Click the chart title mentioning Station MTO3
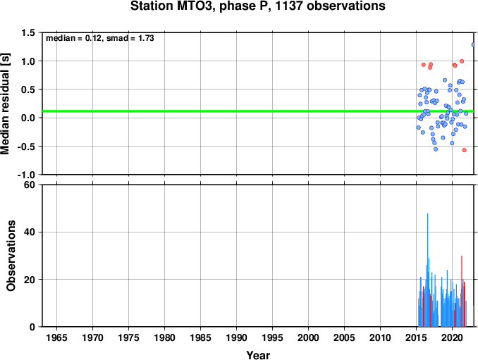point(257,6)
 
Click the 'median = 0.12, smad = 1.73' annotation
point(99,38)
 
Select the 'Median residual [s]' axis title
point(5,104)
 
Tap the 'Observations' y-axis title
point(11,256)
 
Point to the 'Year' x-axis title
point(258,355)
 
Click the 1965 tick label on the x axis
point(56,337)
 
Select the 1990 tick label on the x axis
point(237,337)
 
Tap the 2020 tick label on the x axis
point(452,337)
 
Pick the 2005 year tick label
point(345,337)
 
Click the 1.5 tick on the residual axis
point(28,32)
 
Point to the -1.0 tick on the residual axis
point(27,175)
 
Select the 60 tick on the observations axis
point(30,185)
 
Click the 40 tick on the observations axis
point(30,232)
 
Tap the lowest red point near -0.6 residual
point(465,150)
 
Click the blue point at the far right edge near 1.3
point(474,45)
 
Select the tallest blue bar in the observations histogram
point(428,270)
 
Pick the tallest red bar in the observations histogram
point(462,291)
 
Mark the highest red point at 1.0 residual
point(462,61)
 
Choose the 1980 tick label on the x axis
point(164,337)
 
